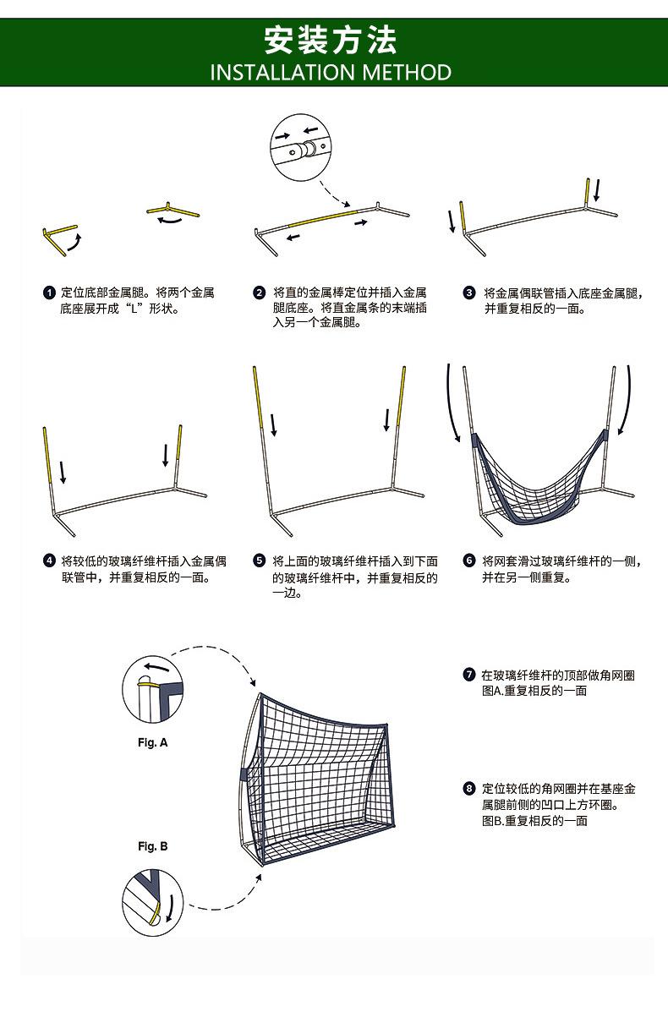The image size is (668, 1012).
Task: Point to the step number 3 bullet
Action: coord(469,293)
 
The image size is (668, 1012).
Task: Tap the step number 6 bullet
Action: coord(469,561)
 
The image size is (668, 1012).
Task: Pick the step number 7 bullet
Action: coord(469,675)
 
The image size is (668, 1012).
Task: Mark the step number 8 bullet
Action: coord(469,789)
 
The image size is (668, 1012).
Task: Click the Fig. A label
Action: coord(153,742)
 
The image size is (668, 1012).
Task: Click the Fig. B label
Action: coord(153,846)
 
